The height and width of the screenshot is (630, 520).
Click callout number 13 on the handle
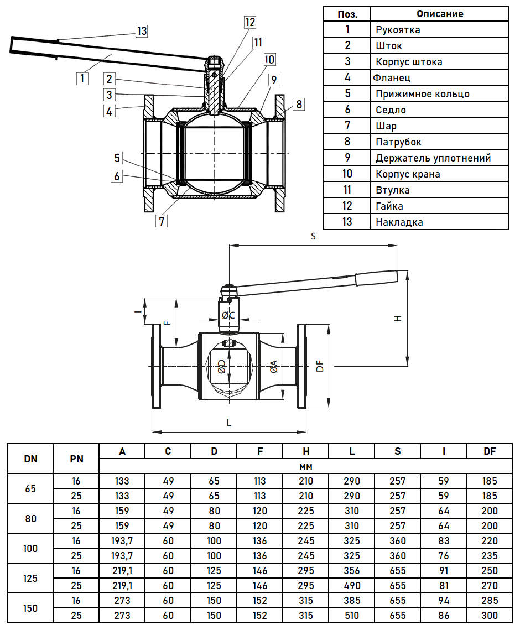[142, 31]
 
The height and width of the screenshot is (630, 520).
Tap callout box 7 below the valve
[162, 221]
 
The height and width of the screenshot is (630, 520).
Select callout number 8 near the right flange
[299, 103]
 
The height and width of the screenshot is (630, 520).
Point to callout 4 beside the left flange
[110, 111]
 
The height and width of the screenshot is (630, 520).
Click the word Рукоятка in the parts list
[398, 30]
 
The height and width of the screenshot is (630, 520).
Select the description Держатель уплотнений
[433, 158]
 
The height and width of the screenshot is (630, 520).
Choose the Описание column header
[440, 13]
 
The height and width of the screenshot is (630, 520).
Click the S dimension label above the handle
[313, 236]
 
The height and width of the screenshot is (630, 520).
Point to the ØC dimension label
[228, 315]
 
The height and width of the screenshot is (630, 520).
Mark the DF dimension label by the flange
[320, 366]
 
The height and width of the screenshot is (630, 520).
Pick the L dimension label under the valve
[229, 423]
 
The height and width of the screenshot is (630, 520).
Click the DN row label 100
[31, 548]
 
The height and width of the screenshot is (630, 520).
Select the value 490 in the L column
[352, 585]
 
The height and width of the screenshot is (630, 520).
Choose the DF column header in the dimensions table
[490, 451]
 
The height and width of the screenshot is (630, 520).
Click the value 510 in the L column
[352, 615]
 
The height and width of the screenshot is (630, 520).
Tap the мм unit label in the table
[306, 466]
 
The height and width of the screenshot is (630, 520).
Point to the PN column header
[76, 459]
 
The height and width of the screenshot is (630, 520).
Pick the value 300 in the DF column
[490, 615]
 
